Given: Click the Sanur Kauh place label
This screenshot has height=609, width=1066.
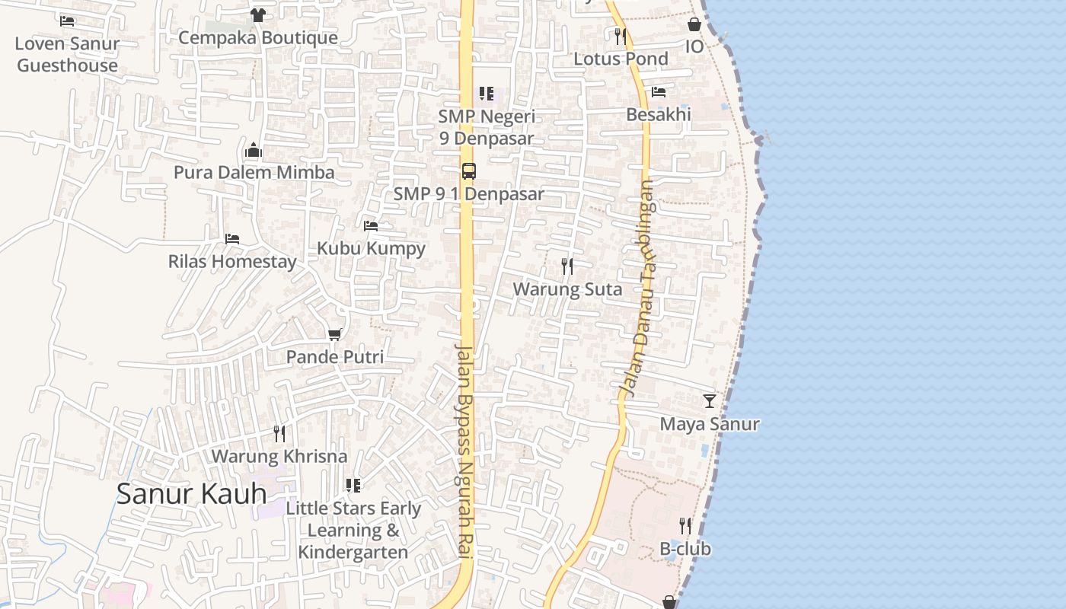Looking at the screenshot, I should [x=191, y=493].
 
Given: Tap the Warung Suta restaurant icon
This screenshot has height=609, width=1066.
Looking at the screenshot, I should [x=567, y=266].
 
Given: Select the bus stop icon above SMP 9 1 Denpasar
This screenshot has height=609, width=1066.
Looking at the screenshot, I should [x=469, y=171].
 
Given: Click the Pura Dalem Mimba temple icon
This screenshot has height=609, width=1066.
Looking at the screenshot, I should [x=254, y=150].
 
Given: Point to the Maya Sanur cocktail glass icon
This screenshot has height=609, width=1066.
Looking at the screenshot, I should [x=710, y=400].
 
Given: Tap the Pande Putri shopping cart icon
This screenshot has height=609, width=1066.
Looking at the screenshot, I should [x=334, y=334].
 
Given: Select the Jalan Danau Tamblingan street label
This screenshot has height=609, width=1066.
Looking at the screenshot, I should [x=638, y=289].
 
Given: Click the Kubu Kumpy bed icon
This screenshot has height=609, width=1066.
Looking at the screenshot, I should [x=371, y=225].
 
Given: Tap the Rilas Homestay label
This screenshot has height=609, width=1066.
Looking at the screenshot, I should [x=232, y=261].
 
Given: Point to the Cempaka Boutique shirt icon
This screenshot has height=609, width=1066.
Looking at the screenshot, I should [x=257, y=14].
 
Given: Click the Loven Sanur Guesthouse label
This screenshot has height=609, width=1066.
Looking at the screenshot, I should [x=67, y=54].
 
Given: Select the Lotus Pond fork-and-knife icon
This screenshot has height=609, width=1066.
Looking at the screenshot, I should [x=621, y=36].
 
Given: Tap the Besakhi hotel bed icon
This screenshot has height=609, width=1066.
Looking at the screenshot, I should [x=659, y=92].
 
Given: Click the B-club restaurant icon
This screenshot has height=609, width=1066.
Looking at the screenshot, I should [x=685, y=525].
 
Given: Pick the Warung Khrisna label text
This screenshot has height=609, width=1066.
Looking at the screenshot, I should [x=279, y=456].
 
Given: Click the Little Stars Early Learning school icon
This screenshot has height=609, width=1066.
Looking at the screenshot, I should [x=353, y=485].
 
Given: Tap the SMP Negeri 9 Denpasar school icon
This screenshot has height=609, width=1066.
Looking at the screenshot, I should [x=487, y=94].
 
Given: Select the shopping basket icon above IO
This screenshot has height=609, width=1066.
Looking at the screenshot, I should [x=694, y=24].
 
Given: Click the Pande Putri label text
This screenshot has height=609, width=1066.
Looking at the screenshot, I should [x=335, y=356].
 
